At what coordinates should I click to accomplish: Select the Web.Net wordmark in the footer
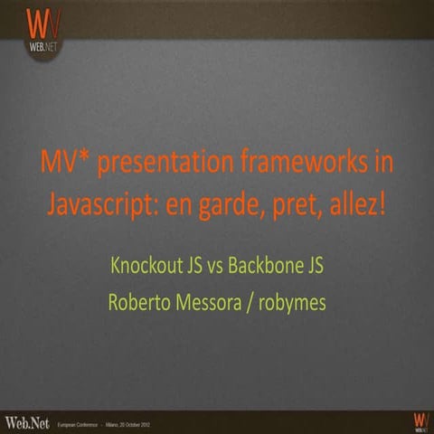click(26, 421)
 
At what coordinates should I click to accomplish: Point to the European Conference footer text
click(82, 423)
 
